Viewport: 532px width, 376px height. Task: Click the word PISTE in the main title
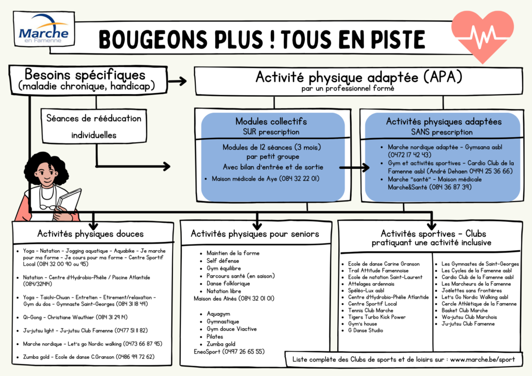coord(397,39)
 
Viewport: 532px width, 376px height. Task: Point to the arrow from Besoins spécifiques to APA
coord(178,81)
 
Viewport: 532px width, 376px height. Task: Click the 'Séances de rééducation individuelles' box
coord(94,126)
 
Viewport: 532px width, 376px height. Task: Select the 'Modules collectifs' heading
coord(271,122)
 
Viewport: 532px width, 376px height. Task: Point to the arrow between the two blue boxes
coord(354,167)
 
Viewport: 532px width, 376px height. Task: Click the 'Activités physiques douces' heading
coord(90,234)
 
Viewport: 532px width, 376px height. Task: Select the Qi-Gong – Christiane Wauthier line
coord(75,317)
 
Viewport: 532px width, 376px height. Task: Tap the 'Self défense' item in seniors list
coord(223,261)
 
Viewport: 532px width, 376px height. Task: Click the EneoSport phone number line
coord(229,352)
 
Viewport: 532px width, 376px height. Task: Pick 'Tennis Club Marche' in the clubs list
coord(370,310)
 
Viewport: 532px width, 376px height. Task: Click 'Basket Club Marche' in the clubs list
coord(464,310)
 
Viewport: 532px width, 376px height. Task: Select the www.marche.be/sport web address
coord(483,359)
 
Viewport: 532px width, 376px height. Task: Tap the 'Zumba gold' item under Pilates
coord(221,344)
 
